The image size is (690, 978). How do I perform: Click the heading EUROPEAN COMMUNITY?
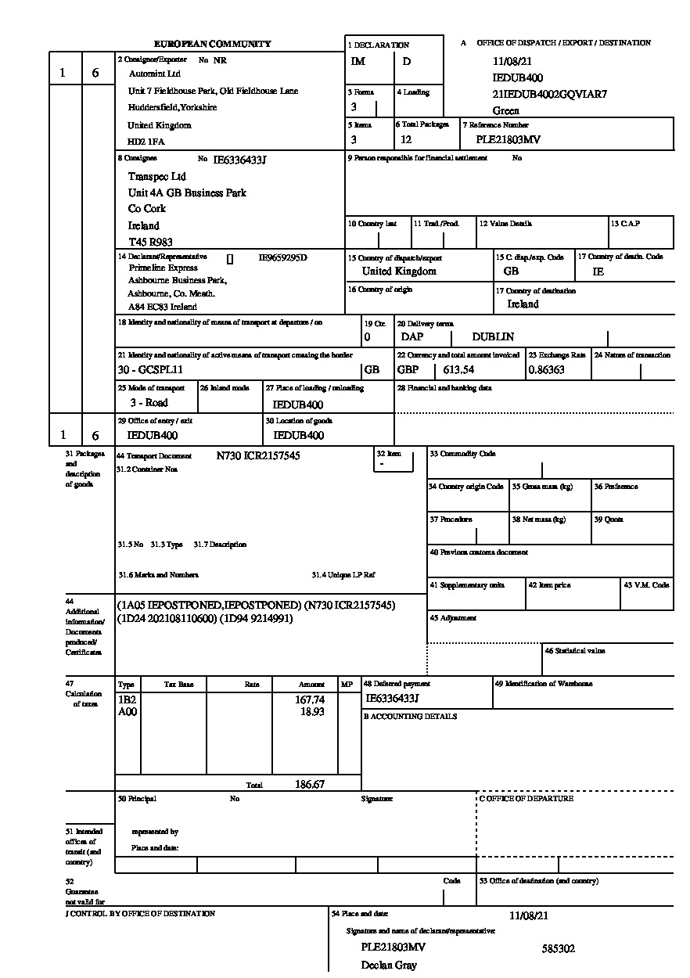point(212,45)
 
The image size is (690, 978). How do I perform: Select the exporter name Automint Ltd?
point(154,74)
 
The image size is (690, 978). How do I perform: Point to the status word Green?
point(505,111)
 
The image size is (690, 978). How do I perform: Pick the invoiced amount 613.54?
point(458,369)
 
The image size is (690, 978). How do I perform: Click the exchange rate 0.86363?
point(546,369)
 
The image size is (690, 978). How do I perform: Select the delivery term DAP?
point(412,337)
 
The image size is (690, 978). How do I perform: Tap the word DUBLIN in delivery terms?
point(493,337)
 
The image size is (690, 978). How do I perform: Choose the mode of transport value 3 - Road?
point(149,403)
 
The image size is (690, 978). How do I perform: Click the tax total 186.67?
point(310,784)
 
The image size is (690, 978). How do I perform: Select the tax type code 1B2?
point(126,699)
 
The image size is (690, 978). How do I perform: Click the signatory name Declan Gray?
point(389,965)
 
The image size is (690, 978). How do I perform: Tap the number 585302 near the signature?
point(558,949)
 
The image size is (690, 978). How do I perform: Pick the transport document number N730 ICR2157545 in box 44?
point(257,455)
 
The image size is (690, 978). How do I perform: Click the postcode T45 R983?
point(151,242)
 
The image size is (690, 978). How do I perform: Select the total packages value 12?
point(406,140)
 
